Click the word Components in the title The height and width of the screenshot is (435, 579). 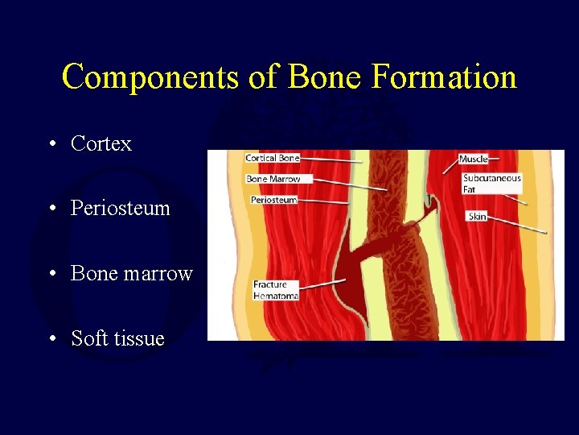point(150,77)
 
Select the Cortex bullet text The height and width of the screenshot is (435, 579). point(101,143)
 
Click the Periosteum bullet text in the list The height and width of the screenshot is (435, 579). point(120,208)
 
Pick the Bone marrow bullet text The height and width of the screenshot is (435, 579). point(131,273)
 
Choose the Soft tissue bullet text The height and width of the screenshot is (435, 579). point(117,338)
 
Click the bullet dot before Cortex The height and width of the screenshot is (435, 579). point(51,144)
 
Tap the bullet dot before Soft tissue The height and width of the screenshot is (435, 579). point(51,339)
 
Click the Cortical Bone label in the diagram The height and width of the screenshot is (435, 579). point(272,159)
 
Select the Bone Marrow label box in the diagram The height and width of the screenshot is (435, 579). point(273,179)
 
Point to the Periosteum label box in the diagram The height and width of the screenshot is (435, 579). point(273,200)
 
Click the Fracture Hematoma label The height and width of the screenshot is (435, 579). point(275,290)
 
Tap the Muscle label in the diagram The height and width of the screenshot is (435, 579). point(474,159)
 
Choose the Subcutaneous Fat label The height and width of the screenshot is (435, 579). point(491,184)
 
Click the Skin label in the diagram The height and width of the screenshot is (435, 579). point(477,216)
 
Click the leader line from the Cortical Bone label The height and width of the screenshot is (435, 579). point(330,161)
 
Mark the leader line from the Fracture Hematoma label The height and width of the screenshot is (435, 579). point(322,284)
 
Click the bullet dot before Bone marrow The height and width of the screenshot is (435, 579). point(51,274)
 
